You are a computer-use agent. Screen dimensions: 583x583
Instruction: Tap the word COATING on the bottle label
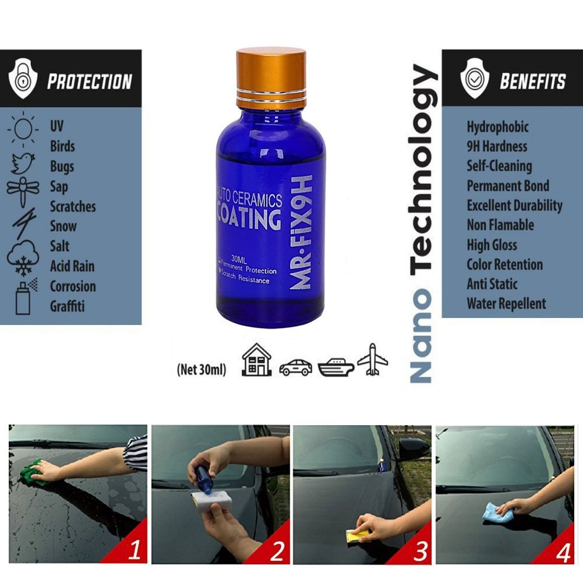(x=249, y=220)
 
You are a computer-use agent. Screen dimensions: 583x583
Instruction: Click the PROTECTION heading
(x=89, y=82)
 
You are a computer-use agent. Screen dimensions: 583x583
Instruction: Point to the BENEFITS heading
(x=532, y=82)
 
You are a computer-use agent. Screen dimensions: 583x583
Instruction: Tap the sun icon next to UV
(x=24, y=128)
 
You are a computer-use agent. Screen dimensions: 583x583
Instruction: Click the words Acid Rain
(x=72, y=266)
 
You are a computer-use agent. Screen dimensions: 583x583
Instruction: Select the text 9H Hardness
(x=496, y=146)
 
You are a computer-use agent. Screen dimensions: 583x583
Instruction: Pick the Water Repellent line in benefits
(x=506, y=303)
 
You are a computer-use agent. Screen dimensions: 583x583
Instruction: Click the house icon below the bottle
(x=257, y=360)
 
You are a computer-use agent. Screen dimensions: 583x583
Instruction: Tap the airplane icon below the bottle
(x=372, y=360)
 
